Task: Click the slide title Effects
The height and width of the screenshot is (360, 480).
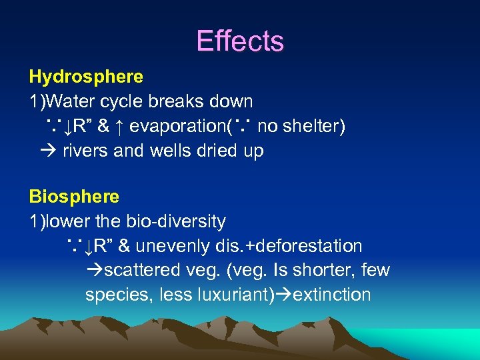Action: (240, 41)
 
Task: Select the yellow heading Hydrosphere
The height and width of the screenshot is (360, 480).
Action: (86, 77)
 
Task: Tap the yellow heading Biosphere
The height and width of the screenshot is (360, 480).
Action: (74, 197)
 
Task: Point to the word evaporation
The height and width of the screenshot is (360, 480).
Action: (178, 127)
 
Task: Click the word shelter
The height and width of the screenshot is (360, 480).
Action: (313, 127)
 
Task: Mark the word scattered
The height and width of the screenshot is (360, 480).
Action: (142, 271)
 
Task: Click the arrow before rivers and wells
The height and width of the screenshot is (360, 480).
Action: (50, 151)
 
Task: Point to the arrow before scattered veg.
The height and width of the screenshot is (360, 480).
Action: (95, 271)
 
